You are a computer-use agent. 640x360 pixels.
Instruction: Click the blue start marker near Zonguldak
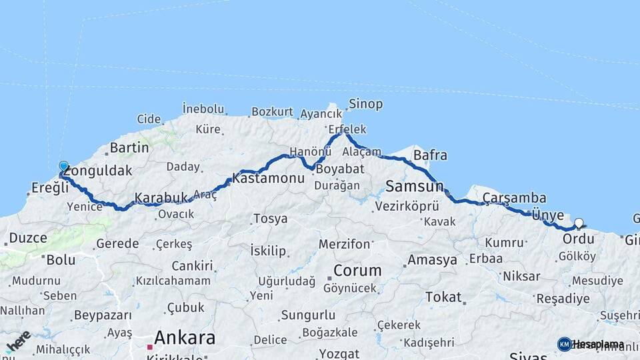coord(63,166)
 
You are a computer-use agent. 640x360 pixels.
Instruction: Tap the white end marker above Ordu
coord(579,223)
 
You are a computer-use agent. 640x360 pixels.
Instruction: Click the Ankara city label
coord(185,337)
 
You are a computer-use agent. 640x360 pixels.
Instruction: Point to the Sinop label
coord(365,104)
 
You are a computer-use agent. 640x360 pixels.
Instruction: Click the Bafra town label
coord(430,156)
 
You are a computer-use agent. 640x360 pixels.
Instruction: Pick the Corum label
coord(357,271)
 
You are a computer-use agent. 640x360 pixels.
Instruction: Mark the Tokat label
coord(443,297)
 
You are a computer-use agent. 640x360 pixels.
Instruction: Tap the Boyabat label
coord(338,169)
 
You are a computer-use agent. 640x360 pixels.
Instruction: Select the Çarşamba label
coord(515,198)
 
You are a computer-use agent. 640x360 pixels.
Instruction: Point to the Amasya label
coord(432,259)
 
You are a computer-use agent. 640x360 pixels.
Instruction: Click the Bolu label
coord(60,260)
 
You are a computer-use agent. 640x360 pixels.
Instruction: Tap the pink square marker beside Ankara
coord(149,347)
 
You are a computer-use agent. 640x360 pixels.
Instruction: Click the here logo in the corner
coord(18,341)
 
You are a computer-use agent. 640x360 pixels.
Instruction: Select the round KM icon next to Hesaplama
coord(564,344)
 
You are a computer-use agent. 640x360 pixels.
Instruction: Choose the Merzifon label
coord(344,244)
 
